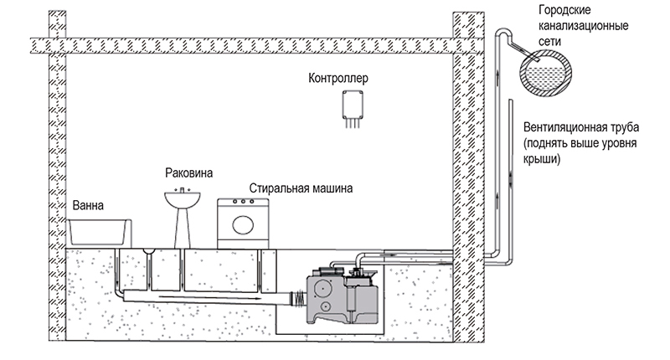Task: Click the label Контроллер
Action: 338,78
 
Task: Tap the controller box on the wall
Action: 353,105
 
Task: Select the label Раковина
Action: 189,173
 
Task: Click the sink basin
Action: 183,199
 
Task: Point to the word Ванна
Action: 88,205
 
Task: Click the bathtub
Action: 99,232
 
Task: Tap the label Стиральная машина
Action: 301,188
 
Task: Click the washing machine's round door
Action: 243,225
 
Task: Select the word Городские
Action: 564,10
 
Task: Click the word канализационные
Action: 583,26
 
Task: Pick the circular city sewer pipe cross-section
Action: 546,74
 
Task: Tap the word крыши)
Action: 542,159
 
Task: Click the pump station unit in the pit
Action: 343,296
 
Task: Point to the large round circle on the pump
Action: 323,289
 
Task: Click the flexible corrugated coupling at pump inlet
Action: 299,297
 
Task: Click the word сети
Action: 549,41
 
